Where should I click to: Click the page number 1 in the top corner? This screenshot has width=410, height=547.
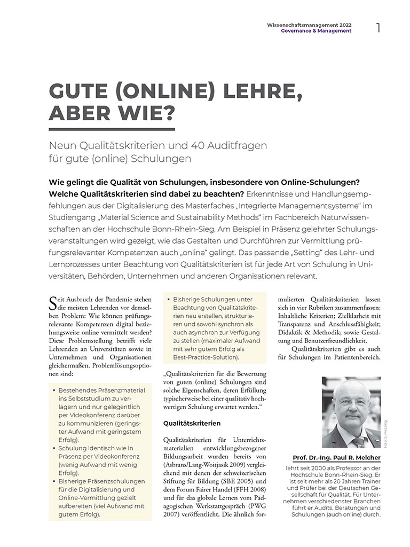tap(379, 28)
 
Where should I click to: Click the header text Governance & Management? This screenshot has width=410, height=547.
tap(316, 31)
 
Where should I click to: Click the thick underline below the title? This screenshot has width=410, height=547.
tap(112, 129)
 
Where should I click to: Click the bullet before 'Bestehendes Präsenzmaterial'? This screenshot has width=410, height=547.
tap(54, 391)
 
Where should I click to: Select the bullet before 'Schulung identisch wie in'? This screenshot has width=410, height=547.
tap(54, 449)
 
